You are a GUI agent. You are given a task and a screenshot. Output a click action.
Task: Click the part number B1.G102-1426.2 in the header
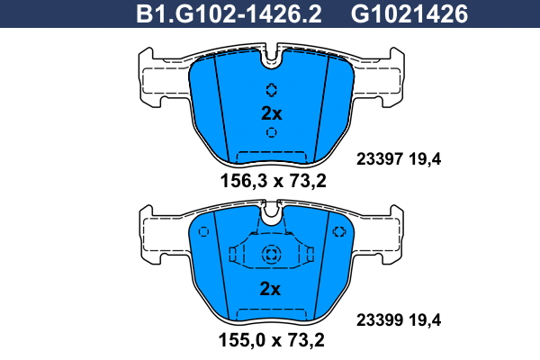(x=229, y=14)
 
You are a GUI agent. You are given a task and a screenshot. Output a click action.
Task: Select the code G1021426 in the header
(x=409, y=14)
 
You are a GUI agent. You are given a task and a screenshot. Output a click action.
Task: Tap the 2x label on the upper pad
(x=272, y=113)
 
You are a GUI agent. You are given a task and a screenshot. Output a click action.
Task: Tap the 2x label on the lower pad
(x=270, y=289)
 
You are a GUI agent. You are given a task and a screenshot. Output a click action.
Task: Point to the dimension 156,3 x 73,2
(x=273, y=181)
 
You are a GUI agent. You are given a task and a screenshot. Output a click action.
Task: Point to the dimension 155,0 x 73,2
(x=272, y=340)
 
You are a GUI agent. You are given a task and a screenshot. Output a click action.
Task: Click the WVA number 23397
(x=379, y=159)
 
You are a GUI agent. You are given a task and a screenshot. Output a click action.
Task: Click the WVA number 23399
(x=379, y=320)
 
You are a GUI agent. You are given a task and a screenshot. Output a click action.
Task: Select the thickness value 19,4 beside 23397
(x=425, y=159)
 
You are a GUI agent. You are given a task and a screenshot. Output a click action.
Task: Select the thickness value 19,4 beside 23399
(x=425, y=320)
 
